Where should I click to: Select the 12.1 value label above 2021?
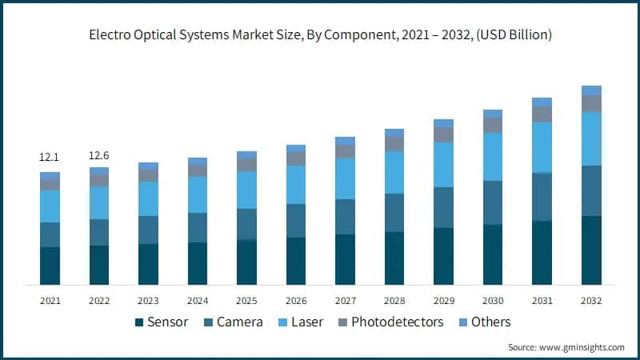coord(50,158)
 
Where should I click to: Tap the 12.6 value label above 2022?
coord(99,154)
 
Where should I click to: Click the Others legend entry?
coord(483,322)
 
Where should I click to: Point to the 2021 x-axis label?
coord(50,300)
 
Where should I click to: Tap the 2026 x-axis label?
coord(296,300)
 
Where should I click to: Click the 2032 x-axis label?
coord(591,300)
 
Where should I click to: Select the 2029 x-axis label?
coord(444,300)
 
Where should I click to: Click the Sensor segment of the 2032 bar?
coord(591,250)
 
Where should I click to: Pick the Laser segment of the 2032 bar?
coord(591,138)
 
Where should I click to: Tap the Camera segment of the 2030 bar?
coord(493,202)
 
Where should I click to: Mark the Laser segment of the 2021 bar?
coord(50,206)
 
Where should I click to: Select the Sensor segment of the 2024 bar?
coord(198,263)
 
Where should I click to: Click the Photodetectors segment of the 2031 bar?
coord(542,114)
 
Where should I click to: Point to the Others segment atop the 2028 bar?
coord(394,133)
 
